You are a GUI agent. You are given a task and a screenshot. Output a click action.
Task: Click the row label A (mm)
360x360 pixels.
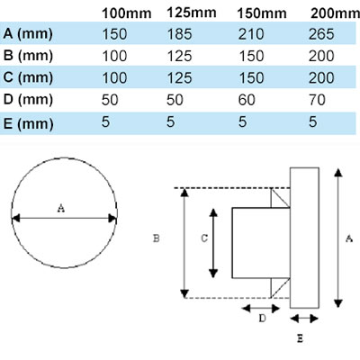31,37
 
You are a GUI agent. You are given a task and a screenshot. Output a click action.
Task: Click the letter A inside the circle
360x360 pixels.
61,208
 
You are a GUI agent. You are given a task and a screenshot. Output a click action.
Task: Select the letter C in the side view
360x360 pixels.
204,238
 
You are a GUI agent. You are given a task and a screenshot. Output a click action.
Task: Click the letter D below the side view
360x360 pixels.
262,318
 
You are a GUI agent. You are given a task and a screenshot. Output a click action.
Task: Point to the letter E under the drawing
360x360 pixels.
300,339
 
